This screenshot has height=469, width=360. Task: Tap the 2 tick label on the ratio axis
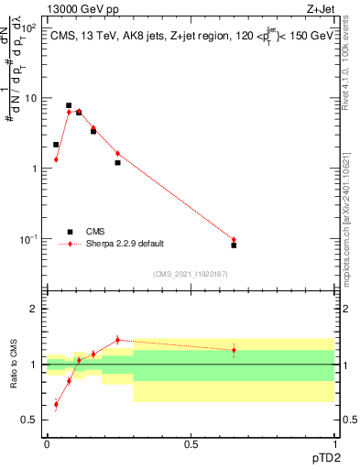[x=35, y=309]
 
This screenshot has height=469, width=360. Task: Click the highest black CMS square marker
[x=69, y=105]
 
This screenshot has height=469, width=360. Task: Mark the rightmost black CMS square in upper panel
[x=234, y=245]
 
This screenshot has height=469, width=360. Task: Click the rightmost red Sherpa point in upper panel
[x=234, y=240]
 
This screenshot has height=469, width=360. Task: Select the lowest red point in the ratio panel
[x=56, y=404]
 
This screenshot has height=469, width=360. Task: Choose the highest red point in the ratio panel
[x=117, y=340]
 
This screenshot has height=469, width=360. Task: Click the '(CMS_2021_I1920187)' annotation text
[x=190, y=274]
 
